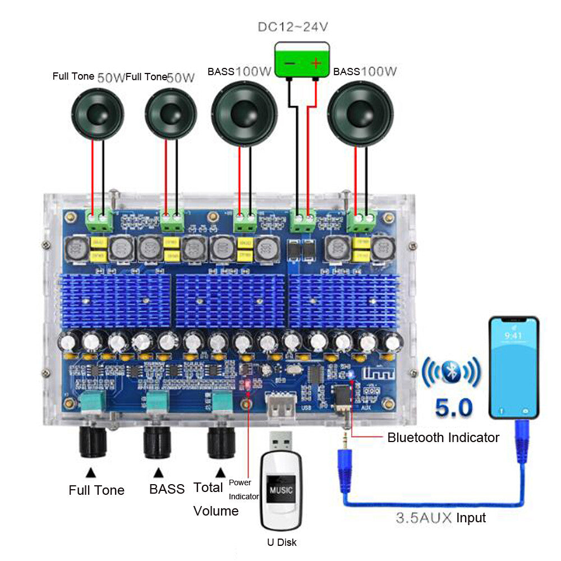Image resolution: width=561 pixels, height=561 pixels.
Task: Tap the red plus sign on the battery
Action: (x=316, y=63)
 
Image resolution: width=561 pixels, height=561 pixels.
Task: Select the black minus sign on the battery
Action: (x=289, y=63)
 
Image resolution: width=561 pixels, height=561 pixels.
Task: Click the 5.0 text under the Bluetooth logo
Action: (x=454, y=407)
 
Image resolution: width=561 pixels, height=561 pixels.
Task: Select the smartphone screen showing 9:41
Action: (x=513, y=367)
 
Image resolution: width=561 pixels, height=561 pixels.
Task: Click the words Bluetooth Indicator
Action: (x=443, y=437)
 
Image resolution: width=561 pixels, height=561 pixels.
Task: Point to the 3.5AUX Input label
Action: (x=440, y=518)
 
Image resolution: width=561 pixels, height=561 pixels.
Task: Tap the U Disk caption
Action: (x=282, y=542)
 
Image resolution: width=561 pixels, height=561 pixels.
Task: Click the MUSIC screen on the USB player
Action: (x=281, y=489)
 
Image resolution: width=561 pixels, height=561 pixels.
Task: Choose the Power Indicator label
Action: (x=244, y=489)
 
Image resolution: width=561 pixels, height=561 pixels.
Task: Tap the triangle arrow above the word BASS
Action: (x=159, y=472)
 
